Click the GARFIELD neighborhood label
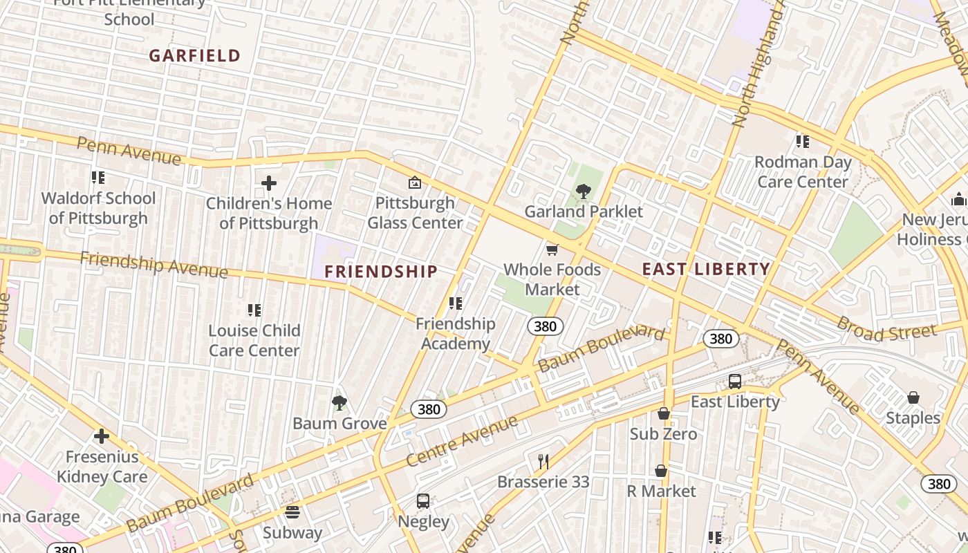coord(194,56)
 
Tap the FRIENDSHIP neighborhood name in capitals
coord(381,272)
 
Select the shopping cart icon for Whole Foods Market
coord(552,250)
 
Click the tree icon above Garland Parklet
coord(584,191)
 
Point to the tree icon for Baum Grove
coord(339,403)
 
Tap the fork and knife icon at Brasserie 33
coord(543,461)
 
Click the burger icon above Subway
coord(292,512)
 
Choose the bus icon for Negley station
coord(423,501)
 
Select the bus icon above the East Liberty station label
coord(735,382)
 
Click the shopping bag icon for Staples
coord(913,398)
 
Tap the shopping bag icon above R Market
coord(661,471)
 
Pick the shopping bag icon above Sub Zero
coord(664,414)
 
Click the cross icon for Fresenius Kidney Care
coord(102,436)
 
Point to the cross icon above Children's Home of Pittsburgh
coord(269,183)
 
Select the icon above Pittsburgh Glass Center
coord(415,182)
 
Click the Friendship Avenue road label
coord(153,265)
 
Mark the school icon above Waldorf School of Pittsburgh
coord(98,178)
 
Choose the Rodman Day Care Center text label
coord(802,171)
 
